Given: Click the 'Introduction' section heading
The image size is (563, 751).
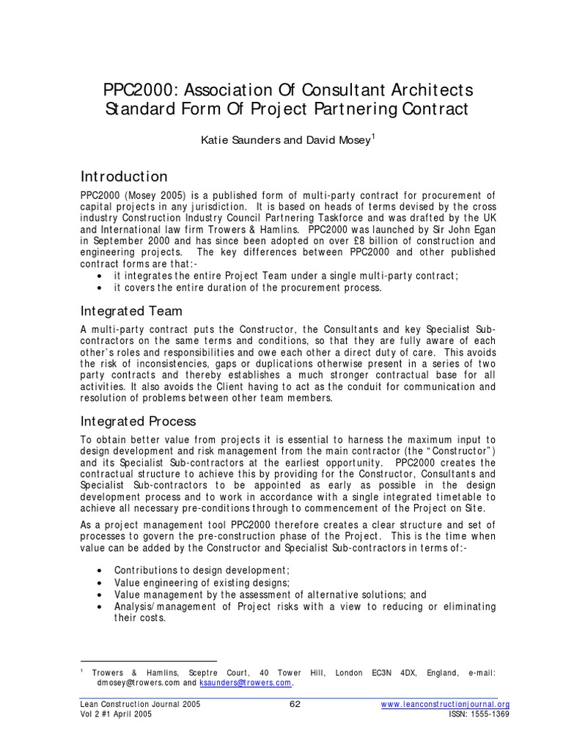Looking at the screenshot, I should coord(124,177).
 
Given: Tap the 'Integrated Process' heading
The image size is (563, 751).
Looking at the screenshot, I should coord(139,421).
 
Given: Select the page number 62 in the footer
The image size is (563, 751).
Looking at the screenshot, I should coord(296,704).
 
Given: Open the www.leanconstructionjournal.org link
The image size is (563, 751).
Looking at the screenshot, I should coord(446,705).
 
